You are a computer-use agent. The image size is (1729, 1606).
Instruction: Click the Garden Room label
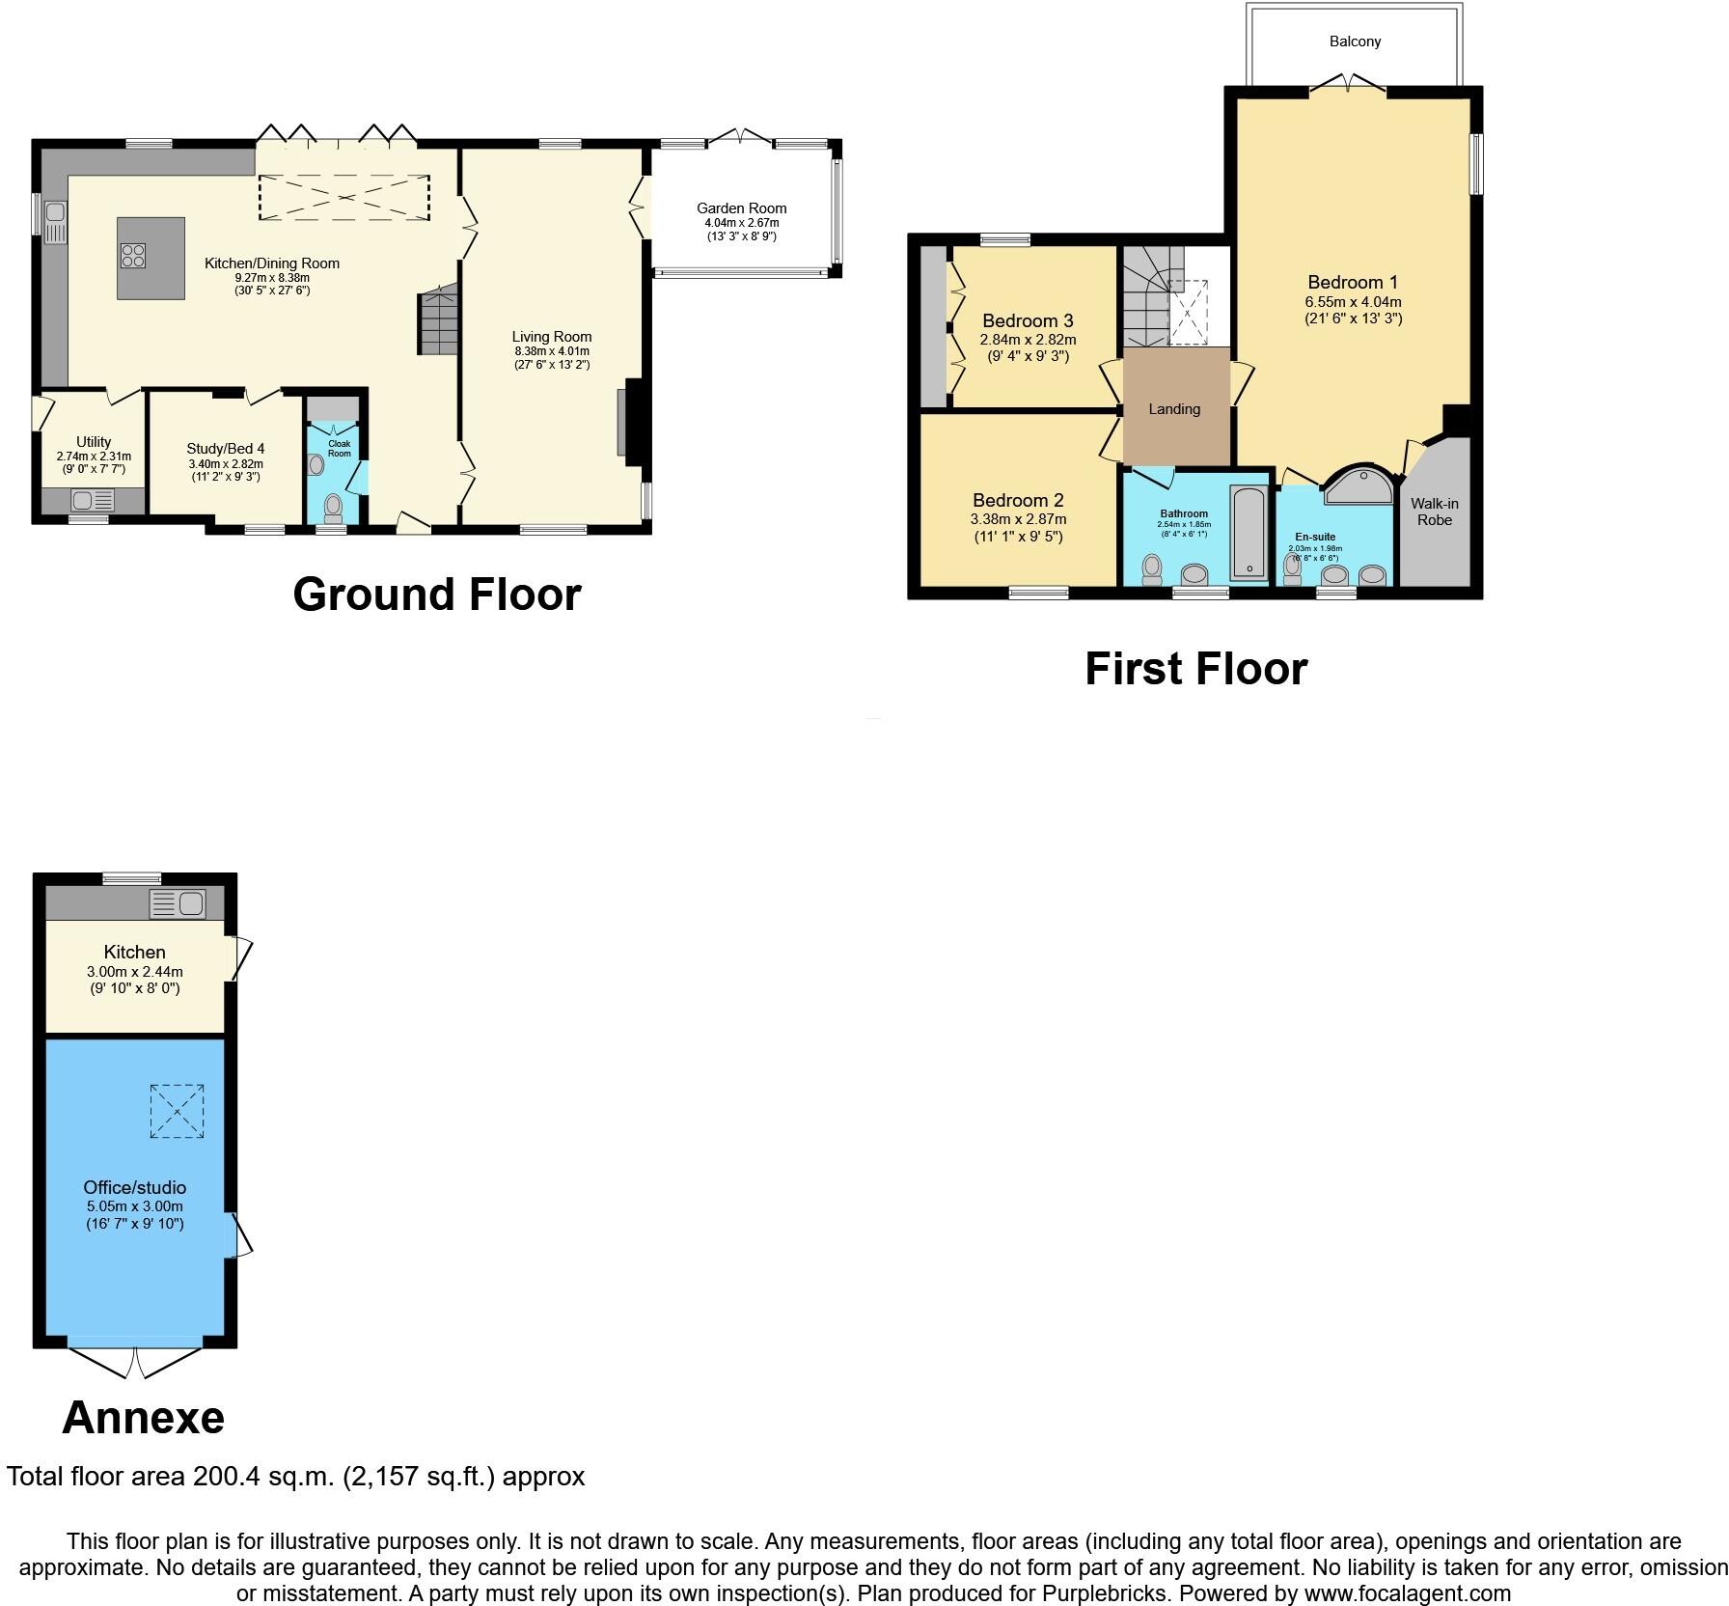tap(741, 208)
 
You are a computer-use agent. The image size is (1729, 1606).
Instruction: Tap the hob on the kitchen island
tap(133, 256)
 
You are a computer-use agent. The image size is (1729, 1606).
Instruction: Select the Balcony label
tap(1355, 42)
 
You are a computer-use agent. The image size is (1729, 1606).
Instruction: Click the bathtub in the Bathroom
tap(1249, 534)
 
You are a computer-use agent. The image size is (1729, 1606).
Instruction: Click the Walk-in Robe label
tap(1434, 512)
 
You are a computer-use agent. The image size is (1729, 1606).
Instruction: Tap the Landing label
tap(1174, 409)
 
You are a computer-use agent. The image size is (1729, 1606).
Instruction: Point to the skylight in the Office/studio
tap(178, 1111)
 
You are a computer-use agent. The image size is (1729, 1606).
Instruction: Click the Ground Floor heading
tap(436, 595)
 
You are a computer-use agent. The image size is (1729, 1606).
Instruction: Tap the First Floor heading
tap(1195, 669)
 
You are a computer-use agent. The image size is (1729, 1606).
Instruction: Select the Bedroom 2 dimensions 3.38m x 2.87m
tap(1018, 519)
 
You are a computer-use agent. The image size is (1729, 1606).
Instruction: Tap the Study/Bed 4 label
tap(225, 449)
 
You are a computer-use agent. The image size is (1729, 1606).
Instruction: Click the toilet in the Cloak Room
tap(333, 507)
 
